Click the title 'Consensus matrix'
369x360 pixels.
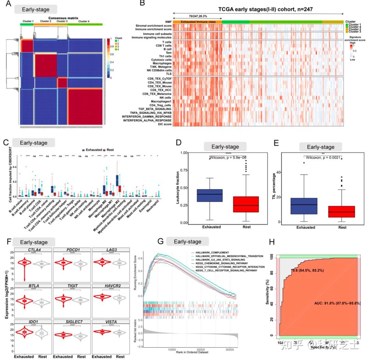coord(63,18)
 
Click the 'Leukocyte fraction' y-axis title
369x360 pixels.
coord(178,188)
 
